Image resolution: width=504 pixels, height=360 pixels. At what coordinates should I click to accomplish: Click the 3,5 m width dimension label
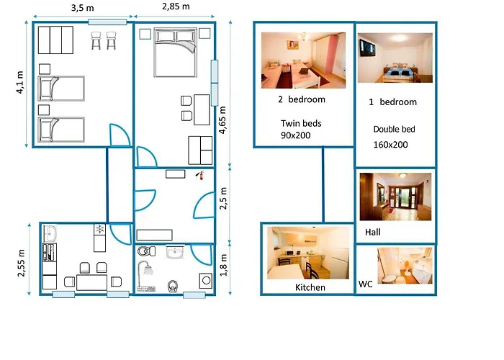click(x=83, y=8)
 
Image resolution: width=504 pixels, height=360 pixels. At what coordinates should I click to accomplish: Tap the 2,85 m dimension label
click(x=176, y=6)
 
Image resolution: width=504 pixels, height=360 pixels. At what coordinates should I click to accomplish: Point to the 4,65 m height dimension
click(x=222, y=120)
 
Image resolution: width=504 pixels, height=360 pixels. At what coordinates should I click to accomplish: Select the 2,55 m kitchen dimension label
click(x=21, y=263)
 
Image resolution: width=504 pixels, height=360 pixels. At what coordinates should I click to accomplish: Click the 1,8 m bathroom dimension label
click(x=223, y=265)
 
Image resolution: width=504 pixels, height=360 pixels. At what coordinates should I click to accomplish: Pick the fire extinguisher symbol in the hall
click(x=200, y=175)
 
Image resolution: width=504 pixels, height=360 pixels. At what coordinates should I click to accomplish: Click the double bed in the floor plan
click(x=175, y=53)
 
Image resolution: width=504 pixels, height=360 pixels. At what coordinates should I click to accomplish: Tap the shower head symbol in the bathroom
click(x=146, y=269)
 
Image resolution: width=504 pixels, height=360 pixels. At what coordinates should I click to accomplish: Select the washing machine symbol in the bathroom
click(x=206, y=281)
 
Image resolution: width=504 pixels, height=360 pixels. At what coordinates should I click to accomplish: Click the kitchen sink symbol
click(x=50, y=233)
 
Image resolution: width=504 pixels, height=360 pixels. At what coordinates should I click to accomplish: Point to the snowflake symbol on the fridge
click(x=100, y=229)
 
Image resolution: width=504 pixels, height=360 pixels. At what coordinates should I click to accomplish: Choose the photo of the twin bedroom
click(x=303, y=60)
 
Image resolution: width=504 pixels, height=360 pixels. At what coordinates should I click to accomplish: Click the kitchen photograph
click(x=308, y=253)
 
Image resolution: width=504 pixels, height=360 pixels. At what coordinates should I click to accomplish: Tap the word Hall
click(x=373, y=232)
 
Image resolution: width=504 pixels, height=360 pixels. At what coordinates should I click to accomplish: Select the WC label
click(x=366, y=284)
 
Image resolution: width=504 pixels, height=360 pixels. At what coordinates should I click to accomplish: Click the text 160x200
click(x=390, y=145)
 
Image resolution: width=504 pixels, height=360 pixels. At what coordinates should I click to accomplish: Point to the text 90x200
click(x=296, y=135)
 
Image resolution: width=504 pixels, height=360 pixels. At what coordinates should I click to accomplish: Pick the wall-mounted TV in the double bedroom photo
click(x=367, y=48)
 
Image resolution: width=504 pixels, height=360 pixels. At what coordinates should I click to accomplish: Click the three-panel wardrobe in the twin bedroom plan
click(x=55, y=40)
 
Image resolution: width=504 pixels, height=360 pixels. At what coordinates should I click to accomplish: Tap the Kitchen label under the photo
click(x=310, y=287)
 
